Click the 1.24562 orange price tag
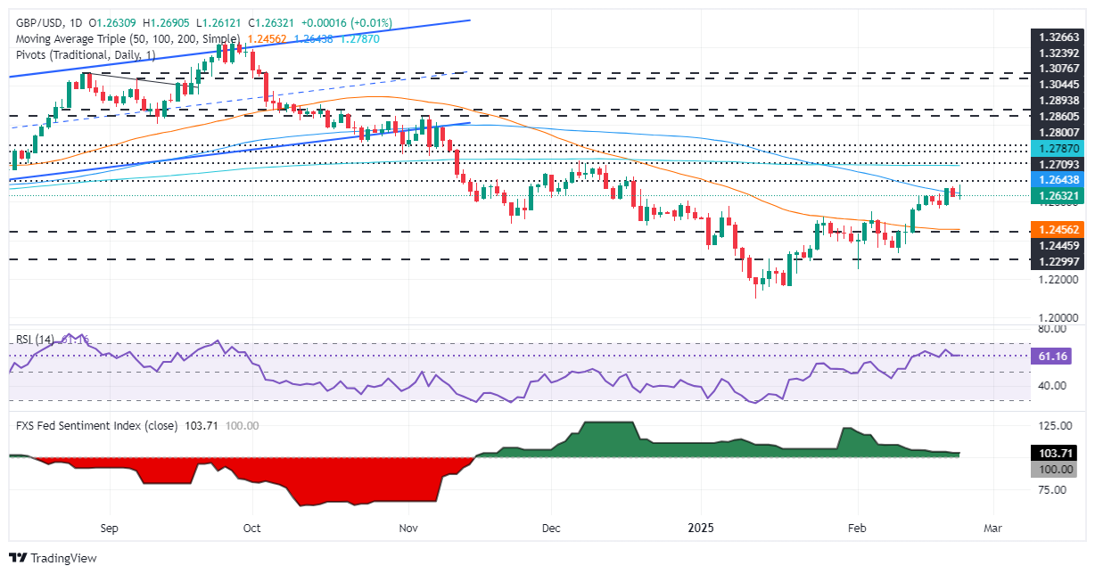(x=1058, y=229)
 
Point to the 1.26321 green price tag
(x=1058, y=196)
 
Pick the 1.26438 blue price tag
(x=1058, y=180)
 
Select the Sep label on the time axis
(x=109, y=528)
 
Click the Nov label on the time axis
(x=408, y=528)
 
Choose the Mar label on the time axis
(x=992, y=528)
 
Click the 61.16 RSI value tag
(x=1058, y=356)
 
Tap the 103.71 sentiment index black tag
(x=1058, y=455)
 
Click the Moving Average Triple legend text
(x=124, y=39)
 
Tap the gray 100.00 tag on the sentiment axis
(x=1058, y=469)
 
